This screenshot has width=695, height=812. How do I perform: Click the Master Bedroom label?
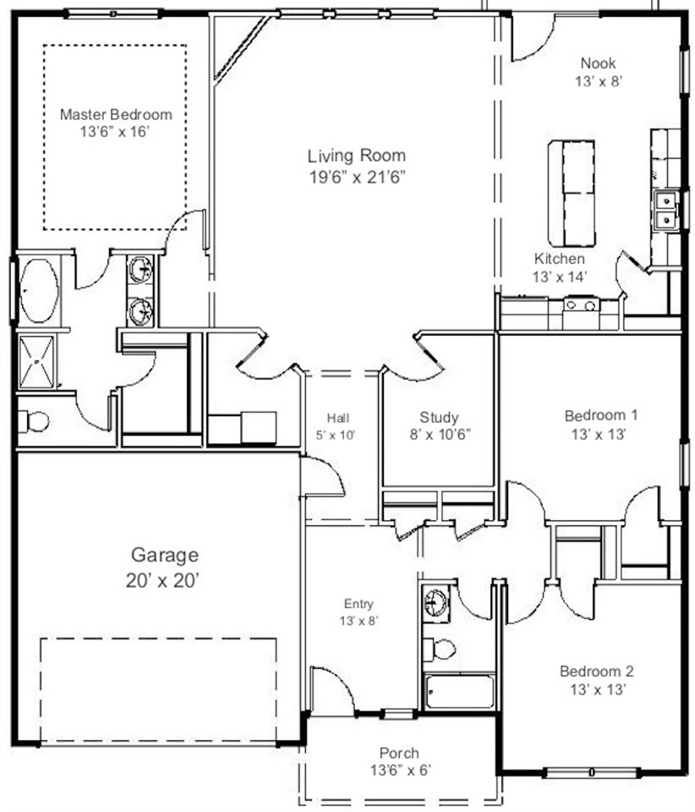(116, 114)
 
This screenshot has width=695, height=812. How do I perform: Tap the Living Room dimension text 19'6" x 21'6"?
(357, 177)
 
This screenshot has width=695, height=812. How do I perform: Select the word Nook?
(599, 63)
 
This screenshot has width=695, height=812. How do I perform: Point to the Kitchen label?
(560, 259)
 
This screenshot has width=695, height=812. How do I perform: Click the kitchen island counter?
(572, 193)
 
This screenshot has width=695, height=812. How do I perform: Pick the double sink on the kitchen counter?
(666, 209)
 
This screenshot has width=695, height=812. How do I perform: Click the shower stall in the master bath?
(36, 362)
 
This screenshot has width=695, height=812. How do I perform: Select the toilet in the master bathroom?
(33, 421)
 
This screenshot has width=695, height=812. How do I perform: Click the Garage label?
(165, 555)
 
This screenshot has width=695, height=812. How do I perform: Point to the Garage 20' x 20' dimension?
(163, 580)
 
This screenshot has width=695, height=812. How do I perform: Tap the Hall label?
(338, 417)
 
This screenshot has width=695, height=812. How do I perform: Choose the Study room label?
(439, 417)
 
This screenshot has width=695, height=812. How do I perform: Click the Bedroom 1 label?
(601, 415)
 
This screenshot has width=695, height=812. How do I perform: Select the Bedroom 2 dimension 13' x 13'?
(599, 689)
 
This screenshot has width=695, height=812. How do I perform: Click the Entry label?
(358, 603)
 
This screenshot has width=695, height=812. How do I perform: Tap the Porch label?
(399, 753)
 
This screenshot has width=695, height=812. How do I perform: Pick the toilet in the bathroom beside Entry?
(440, 649)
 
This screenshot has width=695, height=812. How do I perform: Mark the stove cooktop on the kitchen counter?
(581, 304)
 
